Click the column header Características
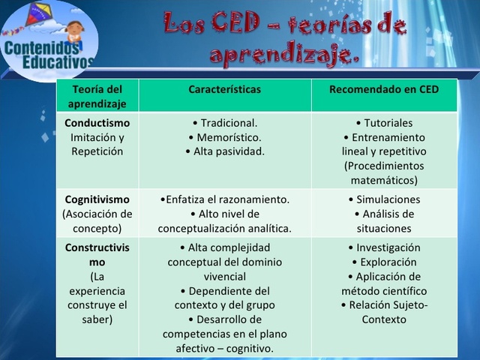click(225, 89)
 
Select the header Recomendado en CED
click(384, 89)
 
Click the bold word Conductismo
click(97, 123)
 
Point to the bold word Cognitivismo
click(97, 199)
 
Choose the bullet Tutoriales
click(384, 123)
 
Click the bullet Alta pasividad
click(225, 151)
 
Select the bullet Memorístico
click(225, 137)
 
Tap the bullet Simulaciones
click(384, 199)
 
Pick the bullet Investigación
click(384, 247)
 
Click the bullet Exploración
click(384, 262)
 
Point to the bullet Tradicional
click(225, 123)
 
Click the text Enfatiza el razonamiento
click(225, 199)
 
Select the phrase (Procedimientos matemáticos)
click(384, 173)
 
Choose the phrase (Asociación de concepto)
click(97, 221)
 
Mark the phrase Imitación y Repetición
click(97, 145)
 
